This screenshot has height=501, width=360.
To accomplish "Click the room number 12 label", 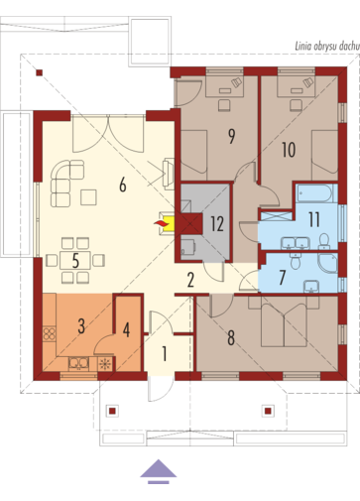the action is (217, 224).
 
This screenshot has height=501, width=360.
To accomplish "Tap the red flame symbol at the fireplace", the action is (161, 223).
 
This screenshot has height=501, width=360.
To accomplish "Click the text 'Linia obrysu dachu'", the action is (327, 46).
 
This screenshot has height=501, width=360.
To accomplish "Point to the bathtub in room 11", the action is (314, 193).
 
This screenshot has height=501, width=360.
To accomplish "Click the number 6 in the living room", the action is (123, 185).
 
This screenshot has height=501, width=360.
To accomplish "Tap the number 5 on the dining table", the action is (75, 261).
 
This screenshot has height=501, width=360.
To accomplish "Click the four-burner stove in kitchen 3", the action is (50, 333).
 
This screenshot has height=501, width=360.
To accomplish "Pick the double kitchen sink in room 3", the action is (78, 364).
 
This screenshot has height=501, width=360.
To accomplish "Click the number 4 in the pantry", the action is (126, 329).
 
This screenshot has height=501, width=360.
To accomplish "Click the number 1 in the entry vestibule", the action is (165, 353).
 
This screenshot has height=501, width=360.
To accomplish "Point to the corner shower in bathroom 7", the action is (328, 263).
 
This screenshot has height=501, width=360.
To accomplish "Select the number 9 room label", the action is (232, 136).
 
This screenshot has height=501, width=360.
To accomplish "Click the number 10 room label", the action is (289, 150).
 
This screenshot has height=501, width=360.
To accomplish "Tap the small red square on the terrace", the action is (40, 72).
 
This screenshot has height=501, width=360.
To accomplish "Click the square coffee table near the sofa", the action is (88, 197).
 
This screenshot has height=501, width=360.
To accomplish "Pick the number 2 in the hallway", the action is (190, 280).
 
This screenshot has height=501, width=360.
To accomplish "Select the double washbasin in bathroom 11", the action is (296, 243).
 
